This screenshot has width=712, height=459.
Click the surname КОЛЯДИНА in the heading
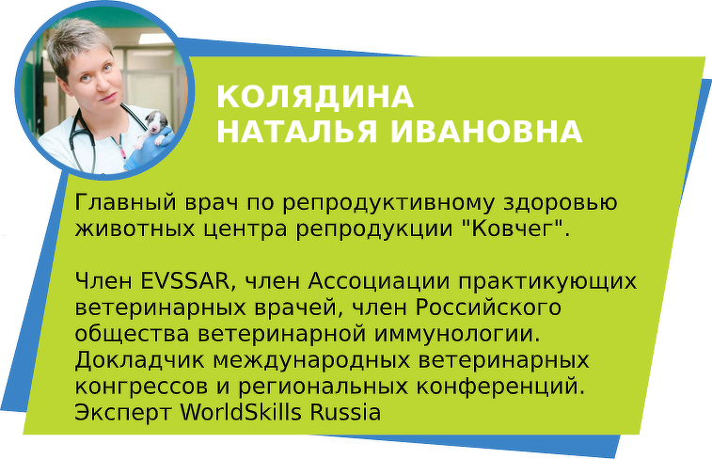pos(315,96)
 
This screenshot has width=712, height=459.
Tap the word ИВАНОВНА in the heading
pos(486,132)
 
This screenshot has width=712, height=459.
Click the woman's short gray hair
pos(77,43)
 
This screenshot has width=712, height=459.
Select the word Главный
pos(125,203)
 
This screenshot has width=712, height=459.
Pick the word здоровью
pos(561,203)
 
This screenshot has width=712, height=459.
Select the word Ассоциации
pos(379,282)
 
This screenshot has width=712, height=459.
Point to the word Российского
pos(488,308)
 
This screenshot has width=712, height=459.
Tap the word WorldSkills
pos(241,413)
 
